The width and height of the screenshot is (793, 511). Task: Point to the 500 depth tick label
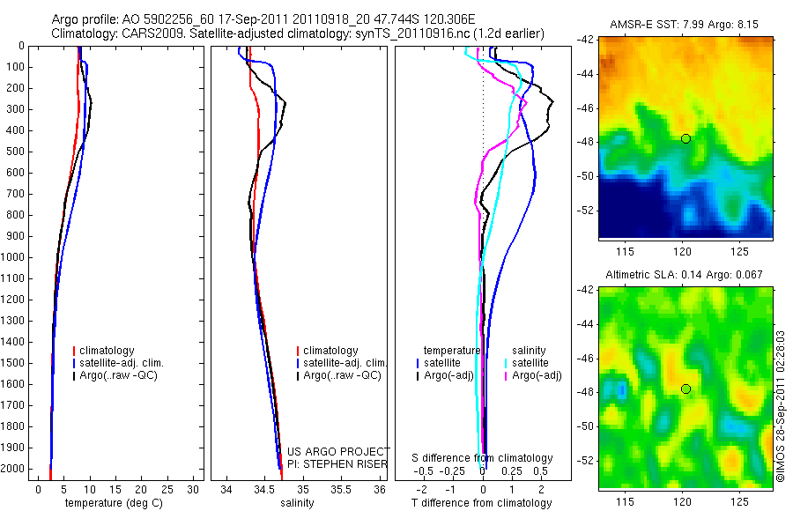point(14,152)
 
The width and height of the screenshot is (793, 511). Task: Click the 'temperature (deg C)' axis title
point(114,503)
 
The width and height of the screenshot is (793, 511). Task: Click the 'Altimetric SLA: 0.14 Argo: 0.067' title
point(686,276)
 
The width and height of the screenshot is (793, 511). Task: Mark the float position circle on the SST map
point(686,138)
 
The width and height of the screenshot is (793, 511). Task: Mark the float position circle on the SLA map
point(686,389)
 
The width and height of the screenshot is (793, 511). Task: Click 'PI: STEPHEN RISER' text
point(337,463)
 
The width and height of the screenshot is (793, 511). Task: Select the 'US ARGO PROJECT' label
point(338,452)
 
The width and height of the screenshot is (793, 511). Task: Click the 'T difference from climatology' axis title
point(481,503)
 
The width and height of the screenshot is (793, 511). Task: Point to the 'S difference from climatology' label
point(483,458)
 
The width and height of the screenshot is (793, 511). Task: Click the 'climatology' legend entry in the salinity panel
point(330,351)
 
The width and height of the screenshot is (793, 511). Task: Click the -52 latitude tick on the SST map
point(586,211)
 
